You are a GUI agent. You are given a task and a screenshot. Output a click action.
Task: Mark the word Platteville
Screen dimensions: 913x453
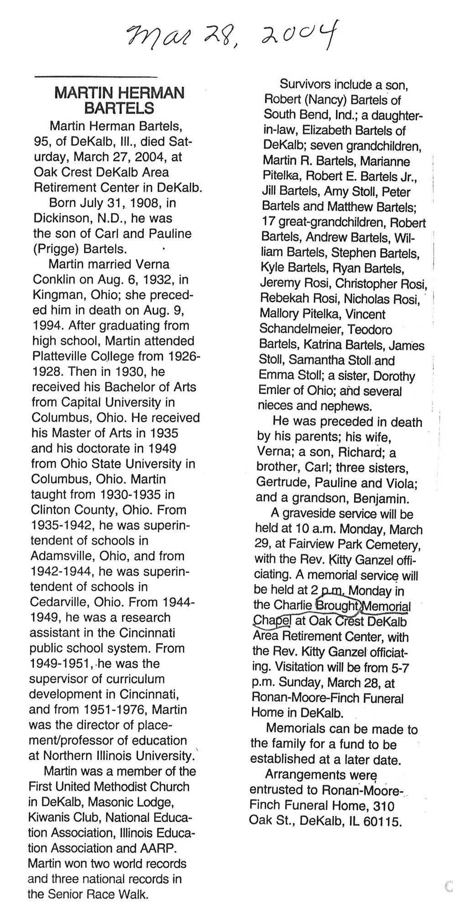click(x=63, y=357)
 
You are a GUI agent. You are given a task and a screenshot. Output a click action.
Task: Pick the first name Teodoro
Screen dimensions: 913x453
click(x=371, y=329)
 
